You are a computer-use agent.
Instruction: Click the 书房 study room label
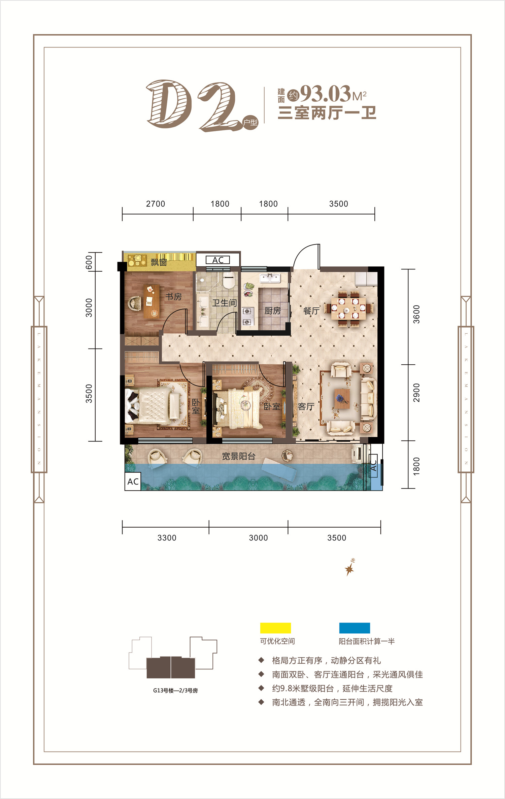tap(173, 297)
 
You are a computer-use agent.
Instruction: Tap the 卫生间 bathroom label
tap(224, 303)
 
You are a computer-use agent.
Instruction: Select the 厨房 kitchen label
tap(272, 310)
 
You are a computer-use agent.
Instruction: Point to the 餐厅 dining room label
tap(311, 311)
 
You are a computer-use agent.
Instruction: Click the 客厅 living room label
tap(306, 407)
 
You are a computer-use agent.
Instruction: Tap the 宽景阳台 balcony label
tap(238, 456)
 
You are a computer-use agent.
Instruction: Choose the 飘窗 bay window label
tap(159, 262)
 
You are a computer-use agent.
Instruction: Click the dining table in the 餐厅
tap(348, 308)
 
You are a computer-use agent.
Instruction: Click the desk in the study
tap(151, 302)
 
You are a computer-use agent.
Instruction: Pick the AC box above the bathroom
tap(218, 260)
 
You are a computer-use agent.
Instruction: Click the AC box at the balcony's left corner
tap(133, 481)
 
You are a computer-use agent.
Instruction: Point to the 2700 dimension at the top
tap(156, 204)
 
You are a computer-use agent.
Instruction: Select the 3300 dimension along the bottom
tap(167, 538)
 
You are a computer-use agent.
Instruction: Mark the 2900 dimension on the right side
tap(416, 393)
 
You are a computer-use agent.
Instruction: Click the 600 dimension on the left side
tap(89, 263)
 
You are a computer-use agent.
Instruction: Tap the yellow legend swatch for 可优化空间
tap(275, 628)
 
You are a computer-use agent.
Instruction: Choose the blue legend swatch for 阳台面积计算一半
tap(355, 628)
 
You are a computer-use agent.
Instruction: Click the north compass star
tap(349, 569)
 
